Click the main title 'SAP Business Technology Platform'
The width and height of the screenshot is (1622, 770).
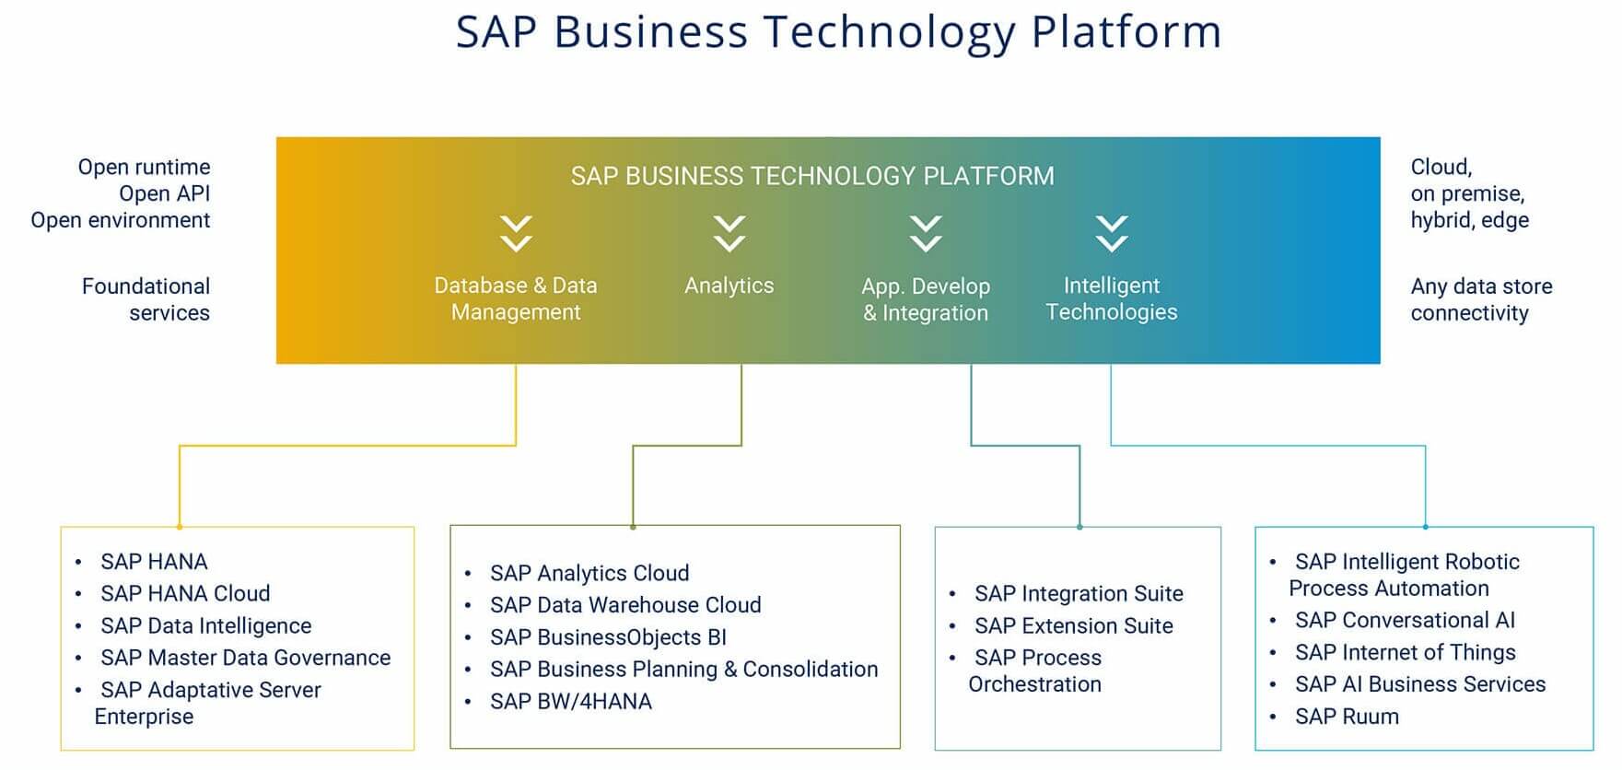[838, 33]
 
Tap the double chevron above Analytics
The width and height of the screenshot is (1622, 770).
[729, 234]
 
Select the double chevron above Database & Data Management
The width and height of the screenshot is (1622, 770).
[516, 234]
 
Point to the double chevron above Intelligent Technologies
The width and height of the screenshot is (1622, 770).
[1112, 234]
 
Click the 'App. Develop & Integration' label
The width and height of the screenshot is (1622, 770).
[926, 299]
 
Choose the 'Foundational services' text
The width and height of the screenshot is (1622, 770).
[146, 299]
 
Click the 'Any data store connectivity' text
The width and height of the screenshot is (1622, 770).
[1481, 299]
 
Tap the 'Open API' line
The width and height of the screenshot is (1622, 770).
[165, 193]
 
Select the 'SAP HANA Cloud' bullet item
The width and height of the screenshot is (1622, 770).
[185, 593]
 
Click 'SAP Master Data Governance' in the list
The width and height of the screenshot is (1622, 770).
[246, 658]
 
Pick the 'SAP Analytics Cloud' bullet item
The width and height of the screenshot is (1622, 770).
[589, 573]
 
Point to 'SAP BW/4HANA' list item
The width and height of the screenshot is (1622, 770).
[571, 702]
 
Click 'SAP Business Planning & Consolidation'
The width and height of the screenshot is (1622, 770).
[684, 670]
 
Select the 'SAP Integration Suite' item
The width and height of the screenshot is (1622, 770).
[1079, 593]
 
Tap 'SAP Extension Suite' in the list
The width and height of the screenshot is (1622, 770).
[1074, 625]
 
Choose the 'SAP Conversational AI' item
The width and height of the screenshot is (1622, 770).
[1405, 620]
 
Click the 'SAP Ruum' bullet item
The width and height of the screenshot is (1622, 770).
[1347, 717]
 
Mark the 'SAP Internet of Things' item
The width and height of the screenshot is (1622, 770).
[1405, 652]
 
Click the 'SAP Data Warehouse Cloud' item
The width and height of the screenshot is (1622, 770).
[625, 605]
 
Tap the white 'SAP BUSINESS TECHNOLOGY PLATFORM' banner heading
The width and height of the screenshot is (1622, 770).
[812, 176]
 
